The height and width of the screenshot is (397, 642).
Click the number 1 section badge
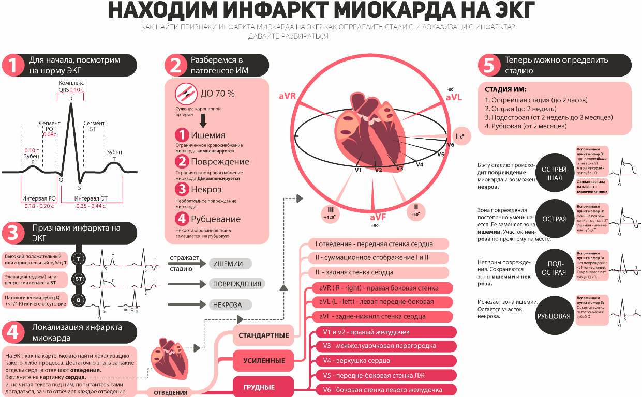(16, 66)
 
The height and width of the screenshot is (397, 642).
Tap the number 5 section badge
(489, 66)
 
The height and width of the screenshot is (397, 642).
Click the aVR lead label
(289, 96)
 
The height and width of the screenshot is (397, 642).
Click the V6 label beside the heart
(450, 144)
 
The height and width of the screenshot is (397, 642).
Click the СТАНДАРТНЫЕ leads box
(263, 335)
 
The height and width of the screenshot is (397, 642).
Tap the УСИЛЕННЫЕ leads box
(263, 360)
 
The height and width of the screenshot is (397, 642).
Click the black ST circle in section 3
(79, 279)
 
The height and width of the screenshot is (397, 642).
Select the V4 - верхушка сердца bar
(385, 360)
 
